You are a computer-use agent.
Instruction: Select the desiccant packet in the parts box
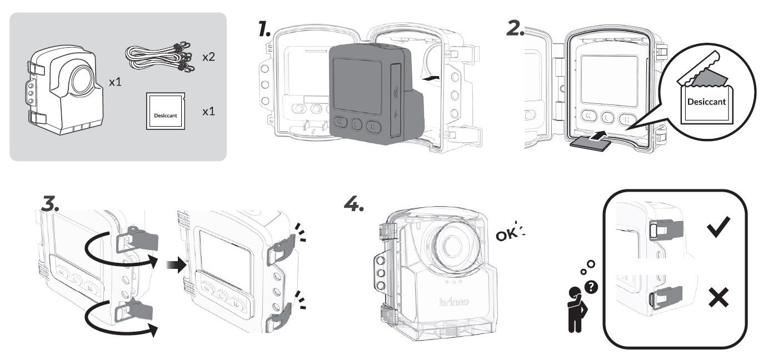point(165,112)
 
